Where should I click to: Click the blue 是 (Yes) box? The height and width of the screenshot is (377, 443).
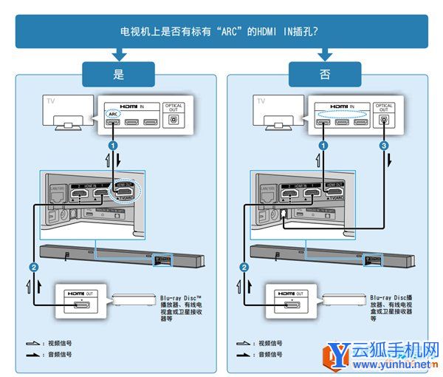119,75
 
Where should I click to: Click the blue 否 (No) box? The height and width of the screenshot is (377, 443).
326,75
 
